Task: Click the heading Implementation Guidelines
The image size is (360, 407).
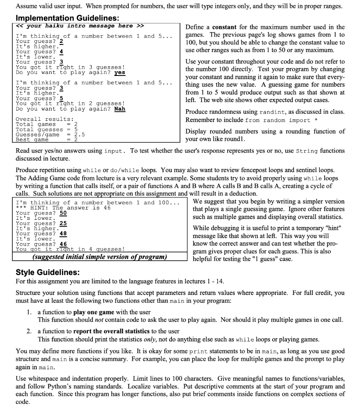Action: (67, 18)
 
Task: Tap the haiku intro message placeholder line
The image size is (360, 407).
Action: (79, 26)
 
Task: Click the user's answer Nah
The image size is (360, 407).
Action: (120, 109)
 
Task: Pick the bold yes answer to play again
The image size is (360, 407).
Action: (120, 72)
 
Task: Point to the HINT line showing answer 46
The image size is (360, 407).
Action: (63, 207)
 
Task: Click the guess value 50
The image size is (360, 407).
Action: (63, 213)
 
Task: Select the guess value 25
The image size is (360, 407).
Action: (63, 223)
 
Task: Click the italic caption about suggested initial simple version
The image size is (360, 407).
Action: (99, 256)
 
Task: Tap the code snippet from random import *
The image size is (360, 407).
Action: (278, 120)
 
